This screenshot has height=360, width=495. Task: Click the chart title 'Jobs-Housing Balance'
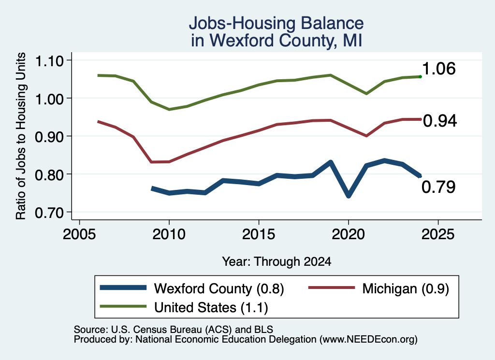pyautogui.click(x=276, y=23)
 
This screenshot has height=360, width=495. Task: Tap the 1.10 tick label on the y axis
pyautogui.click(x=49, y=61)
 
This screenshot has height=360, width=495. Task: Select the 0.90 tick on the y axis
pyautogui.click(x=49, y=137)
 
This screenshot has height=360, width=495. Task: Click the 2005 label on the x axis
pyautogui.click(x=79, y=234)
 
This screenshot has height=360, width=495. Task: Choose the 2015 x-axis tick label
pyautogui.click(x=259, y=234)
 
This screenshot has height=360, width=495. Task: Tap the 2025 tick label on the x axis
pyautogui.click(x=438, y=234)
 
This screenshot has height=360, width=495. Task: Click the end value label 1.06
pyautogui.click(x=439, y=69)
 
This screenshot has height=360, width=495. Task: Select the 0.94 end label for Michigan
pyautogui.click(x=440, y=121)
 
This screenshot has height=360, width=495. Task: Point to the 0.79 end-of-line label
pyautogui.click(x=439, y=187)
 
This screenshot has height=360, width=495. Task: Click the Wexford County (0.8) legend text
pyautogui.click(x=219, y=288)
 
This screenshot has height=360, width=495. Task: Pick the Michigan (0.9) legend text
pyautogui.click(x=406, y=288)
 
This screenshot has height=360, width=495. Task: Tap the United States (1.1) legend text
pyautogui.click(x=211, y=307)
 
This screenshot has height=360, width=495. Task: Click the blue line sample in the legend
pyautogui.click(x=123, y=288)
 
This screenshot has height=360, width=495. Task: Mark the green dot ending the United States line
pyautogui.click(x=420, y=77)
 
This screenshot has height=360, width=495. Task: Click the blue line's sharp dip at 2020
pyautogui.click(x=349, y=196)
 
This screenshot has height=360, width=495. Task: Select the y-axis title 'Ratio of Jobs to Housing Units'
pyautogui.click(x=21, y=136)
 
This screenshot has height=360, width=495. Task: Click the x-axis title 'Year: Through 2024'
pyautogui.click(x=277, y=261)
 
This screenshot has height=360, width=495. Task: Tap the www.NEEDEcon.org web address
pyautogui.click(x=368, y=340)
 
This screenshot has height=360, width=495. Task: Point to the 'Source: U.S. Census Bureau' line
pyautogui.click(x=174, y=330)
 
